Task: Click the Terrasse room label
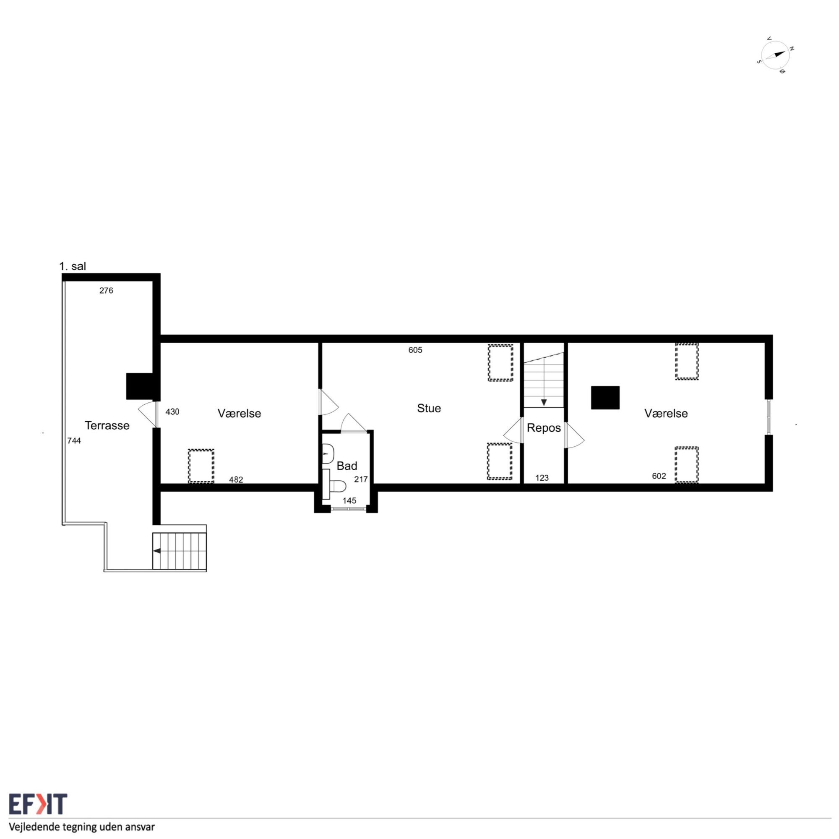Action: point(107,425)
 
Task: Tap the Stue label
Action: point(429,408)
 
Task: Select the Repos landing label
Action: point(544,428)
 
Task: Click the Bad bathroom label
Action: point(347,466)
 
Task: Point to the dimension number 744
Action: point(74,441)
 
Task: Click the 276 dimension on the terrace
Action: point(106,291)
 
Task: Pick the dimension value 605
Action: point(415,350)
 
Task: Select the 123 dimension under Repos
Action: point(542,478)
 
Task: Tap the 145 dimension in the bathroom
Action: point(349,501)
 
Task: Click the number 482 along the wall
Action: point(236,480)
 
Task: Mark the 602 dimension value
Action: point(659,476)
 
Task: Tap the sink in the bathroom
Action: point(328,454)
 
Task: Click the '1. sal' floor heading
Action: point(73,266)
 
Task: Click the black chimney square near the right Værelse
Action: point(605,398)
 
